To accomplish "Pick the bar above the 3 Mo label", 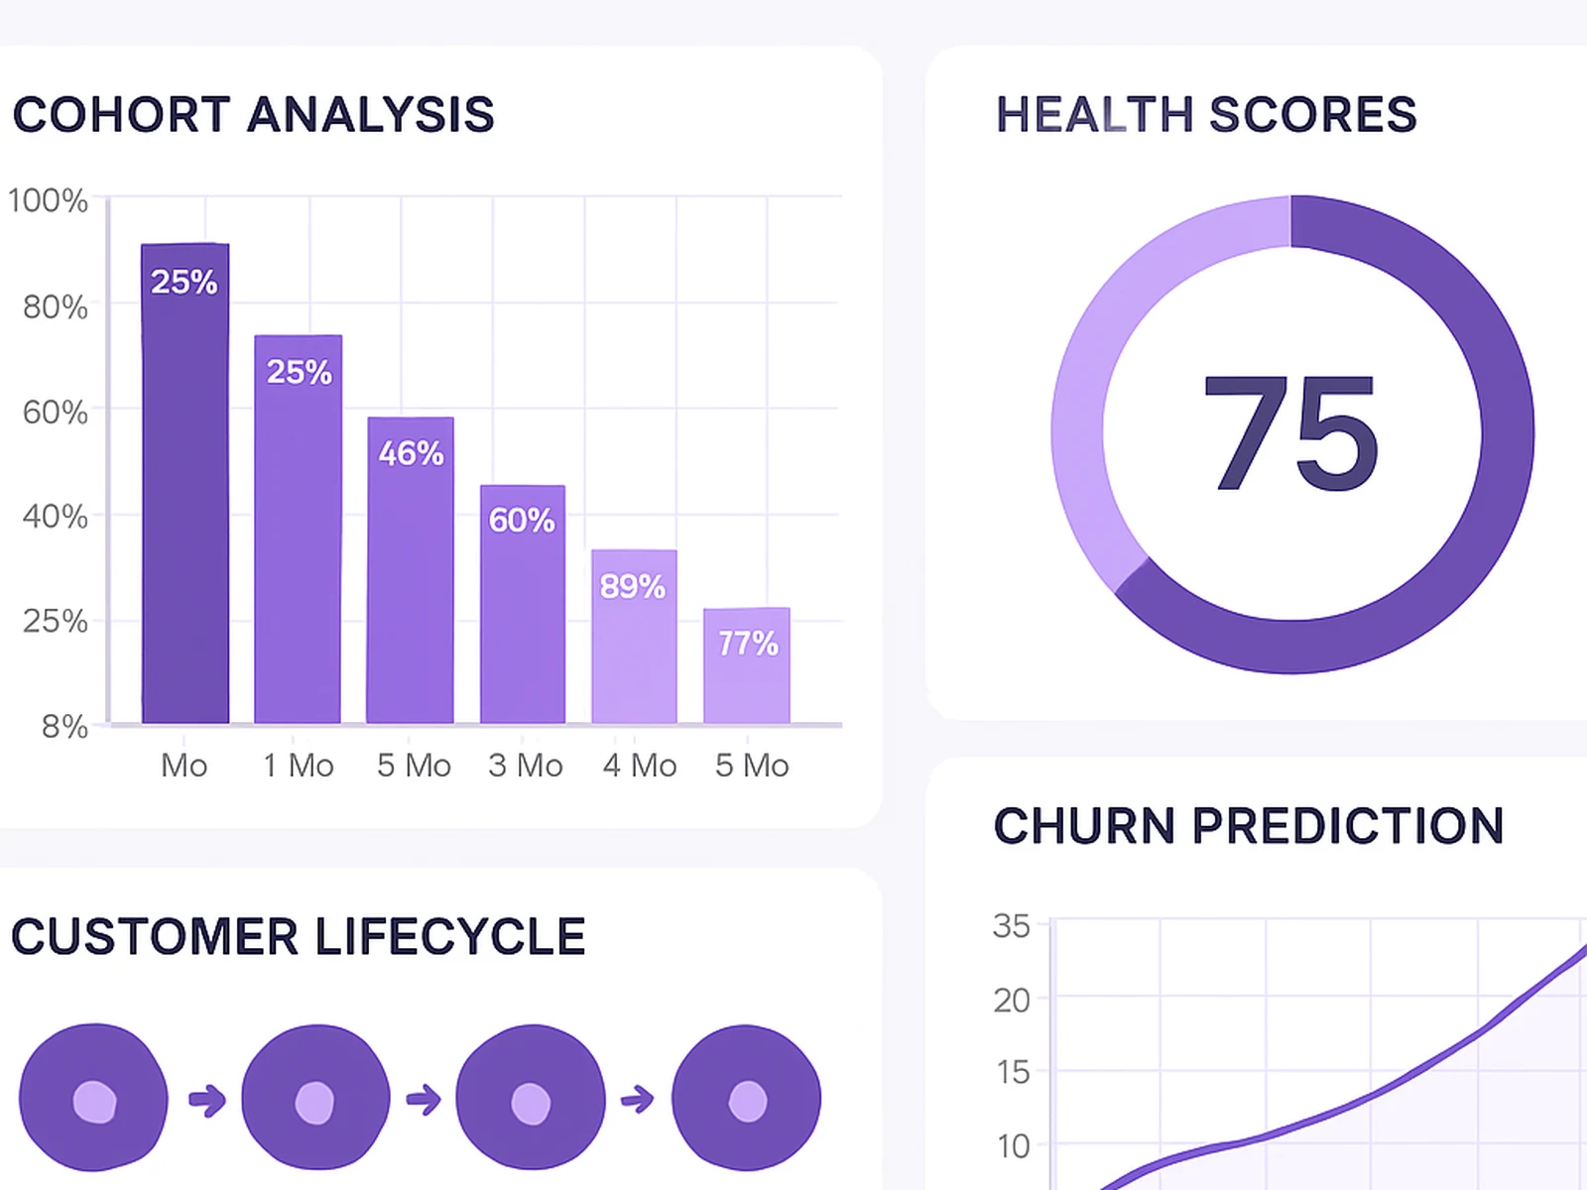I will [x=523, y=604].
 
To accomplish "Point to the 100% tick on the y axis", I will [x=48, y=201].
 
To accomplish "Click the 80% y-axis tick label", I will [x=56, y=307].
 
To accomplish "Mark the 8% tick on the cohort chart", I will [x=64, y=727].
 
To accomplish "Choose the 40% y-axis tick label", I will [x=56, y=517].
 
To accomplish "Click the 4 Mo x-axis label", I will [x=640, y=766].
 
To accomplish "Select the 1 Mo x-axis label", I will [x=299, y=766].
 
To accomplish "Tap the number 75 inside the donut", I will [x=1290, y=434].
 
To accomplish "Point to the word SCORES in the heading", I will [x=1313, y=115].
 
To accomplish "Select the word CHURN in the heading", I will [x=1084, y=826].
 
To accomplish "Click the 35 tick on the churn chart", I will [x=1012, y=926].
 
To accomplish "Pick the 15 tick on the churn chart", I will [x=1013, y=1072].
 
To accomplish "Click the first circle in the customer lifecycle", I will [x=94, y=1099].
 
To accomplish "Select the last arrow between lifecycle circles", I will [x=638, y=1099].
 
